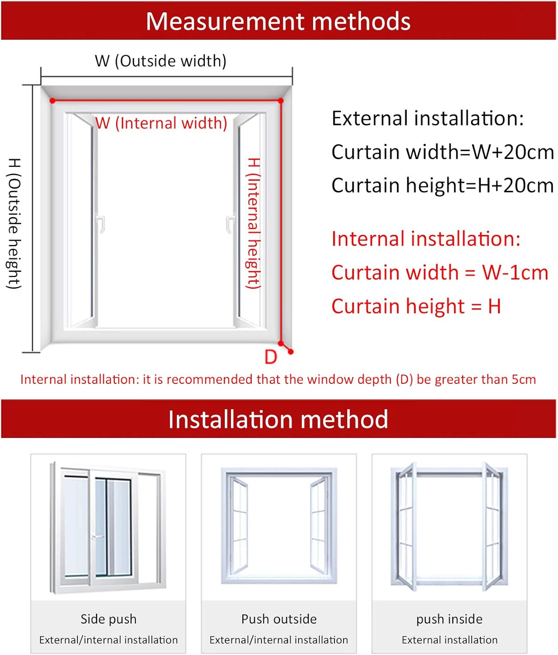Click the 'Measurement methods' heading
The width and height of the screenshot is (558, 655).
[x=278, y=21]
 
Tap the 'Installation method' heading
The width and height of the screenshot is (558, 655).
[x=278, y=419]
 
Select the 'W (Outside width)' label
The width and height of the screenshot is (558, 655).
[x=161, y=61]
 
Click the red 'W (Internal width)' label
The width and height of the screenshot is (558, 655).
[x=162, y=123]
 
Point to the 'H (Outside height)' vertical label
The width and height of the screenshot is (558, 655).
[x=14, y=223]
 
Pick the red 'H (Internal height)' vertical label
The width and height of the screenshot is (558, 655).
[x=254, y=223]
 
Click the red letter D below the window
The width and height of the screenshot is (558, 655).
[x=271, y=357]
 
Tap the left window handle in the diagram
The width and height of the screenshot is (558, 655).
[x=101, y=224]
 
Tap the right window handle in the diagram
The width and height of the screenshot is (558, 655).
[x=229, y=224]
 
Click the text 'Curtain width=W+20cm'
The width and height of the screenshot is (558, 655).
[x=442, y=152]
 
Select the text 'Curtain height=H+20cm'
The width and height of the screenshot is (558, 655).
[x=442, y=185]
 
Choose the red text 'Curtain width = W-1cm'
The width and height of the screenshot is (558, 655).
[x=440, y=272]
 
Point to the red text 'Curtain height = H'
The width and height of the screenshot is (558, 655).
[x=416, y=306]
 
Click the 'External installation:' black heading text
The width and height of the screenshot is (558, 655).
[x=427, y=118]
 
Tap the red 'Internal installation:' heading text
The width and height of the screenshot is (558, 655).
[x=426, y=239]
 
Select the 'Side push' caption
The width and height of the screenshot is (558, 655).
[x=108, y=619]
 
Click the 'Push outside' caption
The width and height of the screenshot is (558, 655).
[x=279, y=619]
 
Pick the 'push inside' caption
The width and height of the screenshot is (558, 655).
[x=449, y=619]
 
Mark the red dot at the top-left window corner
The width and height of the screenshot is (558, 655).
[x=52, y=101]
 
